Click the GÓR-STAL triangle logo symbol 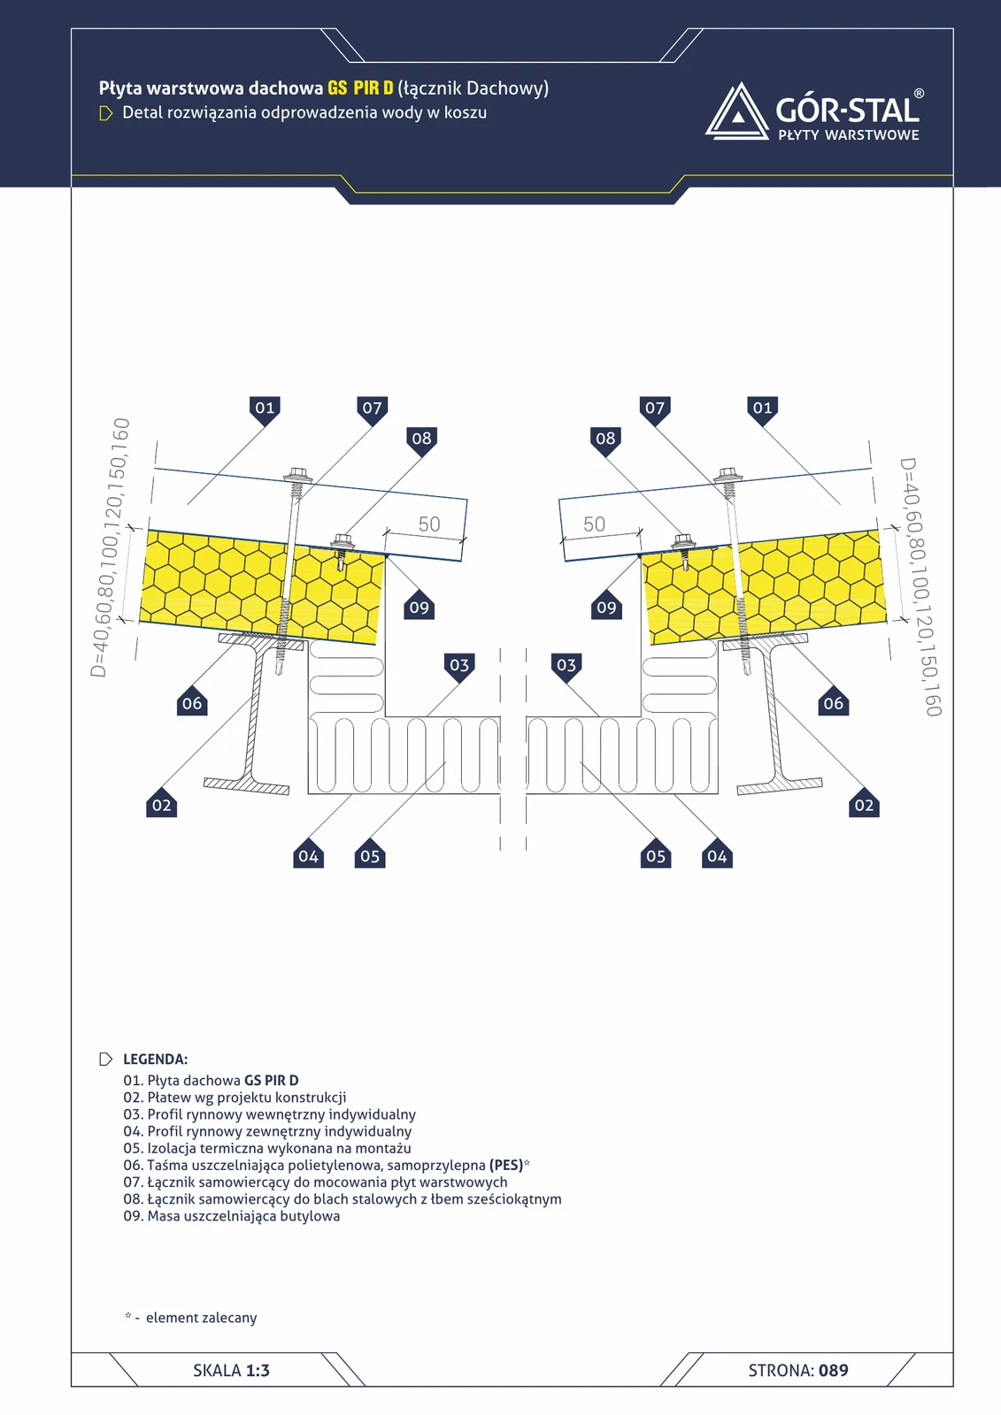tap(736, 111)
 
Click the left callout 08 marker tap(422, 440)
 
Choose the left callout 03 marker tap(459, 666)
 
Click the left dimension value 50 tap(429, 524)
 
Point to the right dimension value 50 tap(595, 524)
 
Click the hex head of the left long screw tap(297, 473)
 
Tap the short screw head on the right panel tap(683, 540)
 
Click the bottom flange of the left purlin tap(247, 786)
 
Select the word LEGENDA tap(156, 1059)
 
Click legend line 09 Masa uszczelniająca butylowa tap(231, 1216)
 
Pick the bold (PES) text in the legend tap(506, 1165)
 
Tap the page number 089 tap(834, 1370)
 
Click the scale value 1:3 tap(258, 1370)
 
